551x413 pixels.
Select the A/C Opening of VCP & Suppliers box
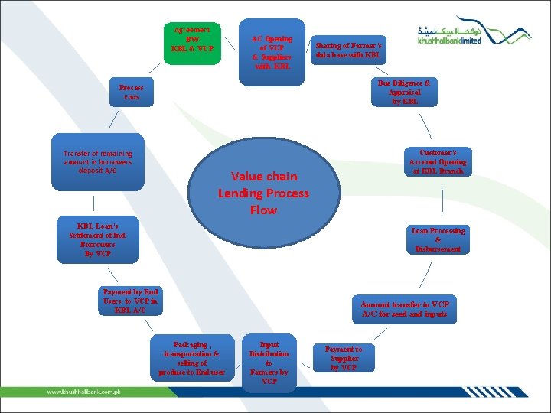click(272, 50)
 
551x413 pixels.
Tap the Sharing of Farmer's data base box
click(348, 50)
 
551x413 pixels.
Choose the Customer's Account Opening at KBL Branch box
click(438, 162)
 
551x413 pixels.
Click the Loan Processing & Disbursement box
click(438, 239)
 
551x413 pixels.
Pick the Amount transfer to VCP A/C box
click(404, 309)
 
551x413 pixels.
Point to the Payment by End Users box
click(131, 301)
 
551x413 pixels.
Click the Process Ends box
click(131, 93)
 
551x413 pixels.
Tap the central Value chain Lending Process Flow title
click(263, 193)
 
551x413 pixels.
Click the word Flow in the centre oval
click(263, 210)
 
